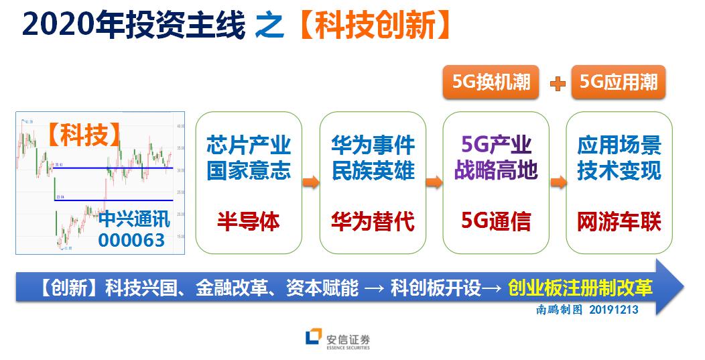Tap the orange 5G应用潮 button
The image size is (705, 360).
point(618,82)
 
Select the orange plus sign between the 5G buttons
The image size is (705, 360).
point(556,83)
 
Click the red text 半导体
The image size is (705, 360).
point(248,221)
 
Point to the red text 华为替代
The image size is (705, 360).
point(373,221)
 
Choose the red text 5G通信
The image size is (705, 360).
point(496,221)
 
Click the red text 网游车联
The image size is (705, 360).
point(619,221)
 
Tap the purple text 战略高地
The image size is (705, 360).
point(496,170)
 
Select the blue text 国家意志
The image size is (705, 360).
point(248,170)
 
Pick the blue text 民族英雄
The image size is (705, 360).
point(373,170)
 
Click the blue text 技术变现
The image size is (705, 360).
point(619,170)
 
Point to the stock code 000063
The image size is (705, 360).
point(131,239)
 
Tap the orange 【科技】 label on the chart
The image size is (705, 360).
point(84,135)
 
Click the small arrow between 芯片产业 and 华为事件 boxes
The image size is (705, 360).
point(310,182)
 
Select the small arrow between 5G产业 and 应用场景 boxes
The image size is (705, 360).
point(558,182)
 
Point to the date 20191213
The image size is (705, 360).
point(613,310)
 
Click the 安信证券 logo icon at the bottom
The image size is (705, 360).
point(313,339)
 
